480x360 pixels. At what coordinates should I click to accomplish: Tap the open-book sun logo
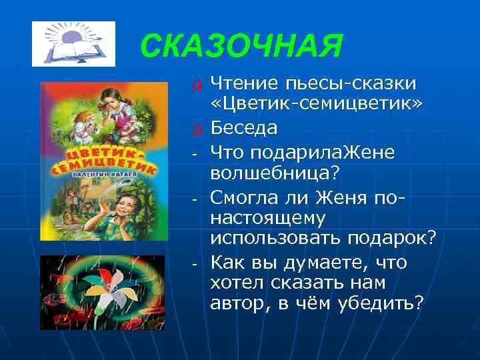[73, 44]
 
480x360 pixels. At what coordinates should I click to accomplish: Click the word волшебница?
[275, 173]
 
